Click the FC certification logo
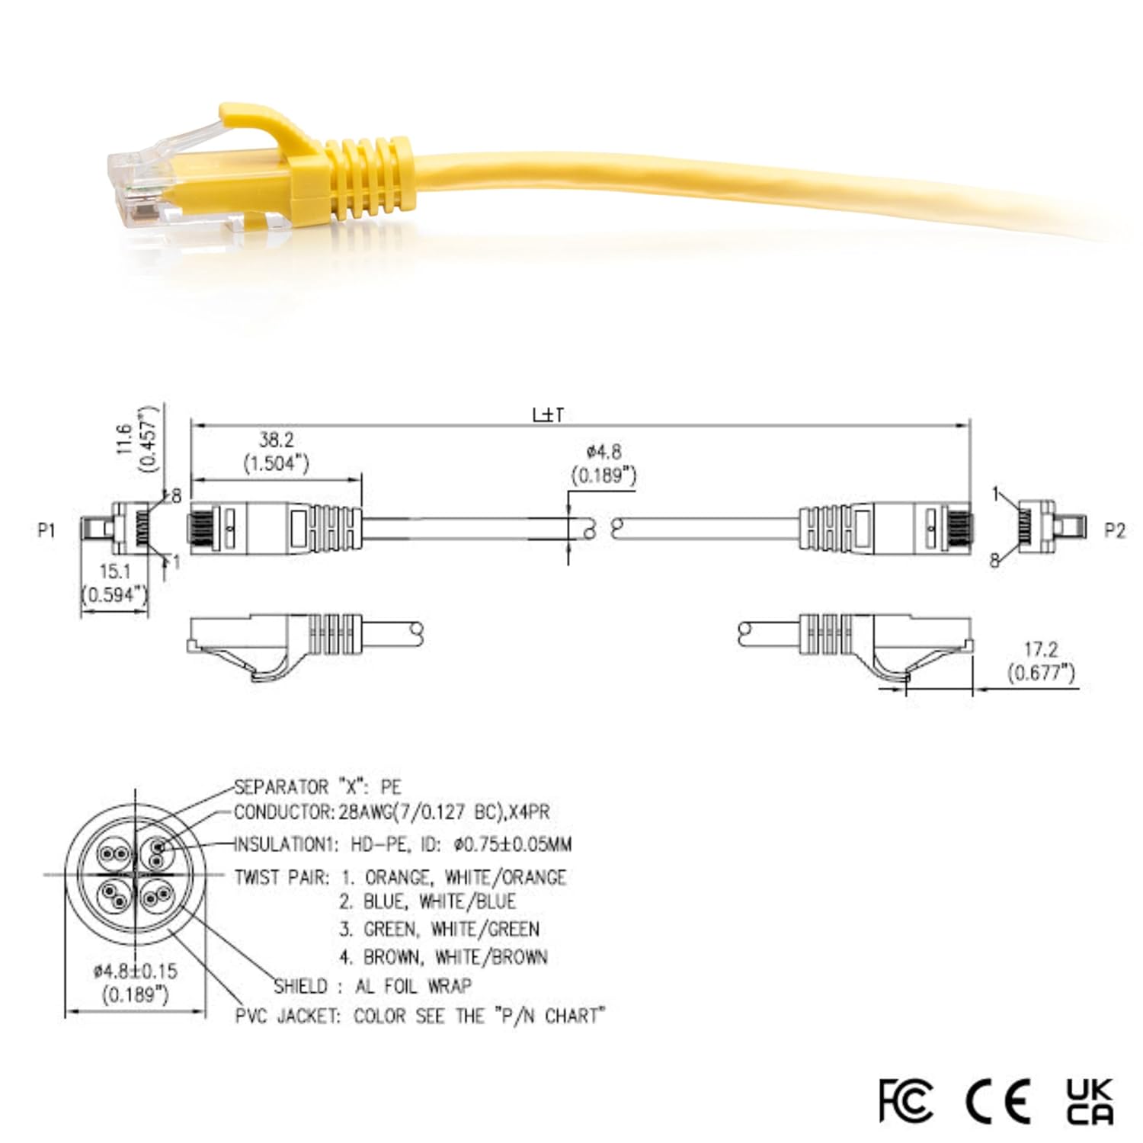click(905, 1100)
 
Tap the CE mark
click(998, 1100)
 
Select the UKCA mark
click(1089, 1100)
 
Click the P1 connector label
click(46, 529)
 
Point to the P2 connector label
click(1114, 530)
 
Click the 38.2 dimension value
click(276, 440)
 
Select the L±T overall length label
click(548, 415)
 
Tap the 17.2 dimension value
click(1040, 649)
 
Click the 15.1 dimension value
click(115, 571)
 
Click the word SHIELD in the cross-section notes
click(301, 986)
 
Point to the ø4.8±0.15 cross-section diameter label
click(135, 971)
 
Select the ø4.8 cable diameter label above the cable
click(604, 452)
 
